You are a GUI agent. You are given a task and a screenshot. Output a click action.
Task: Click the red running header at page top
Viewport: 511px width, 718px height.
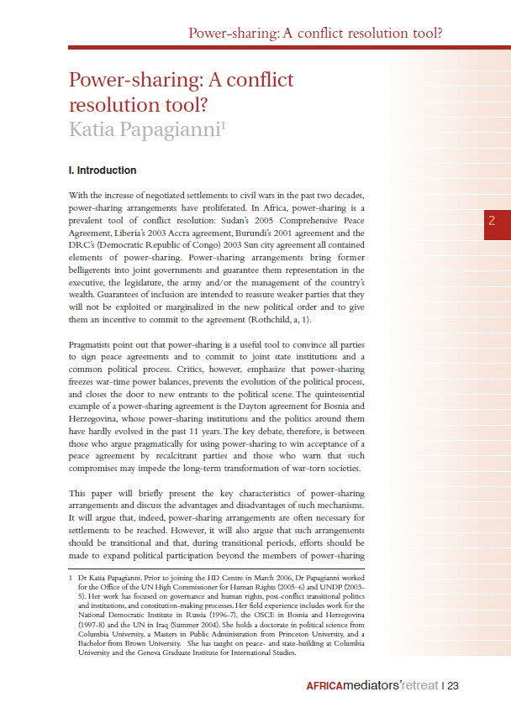click(x=316, y=34)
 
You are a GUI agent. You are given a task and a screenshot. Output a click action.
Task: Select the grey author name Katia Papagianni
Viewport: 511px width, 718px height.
click(x=142, y=128)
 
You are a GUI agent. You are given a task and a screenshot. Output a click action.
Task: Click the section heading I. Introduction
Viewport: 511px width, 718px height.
click(x=102, y=170)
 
